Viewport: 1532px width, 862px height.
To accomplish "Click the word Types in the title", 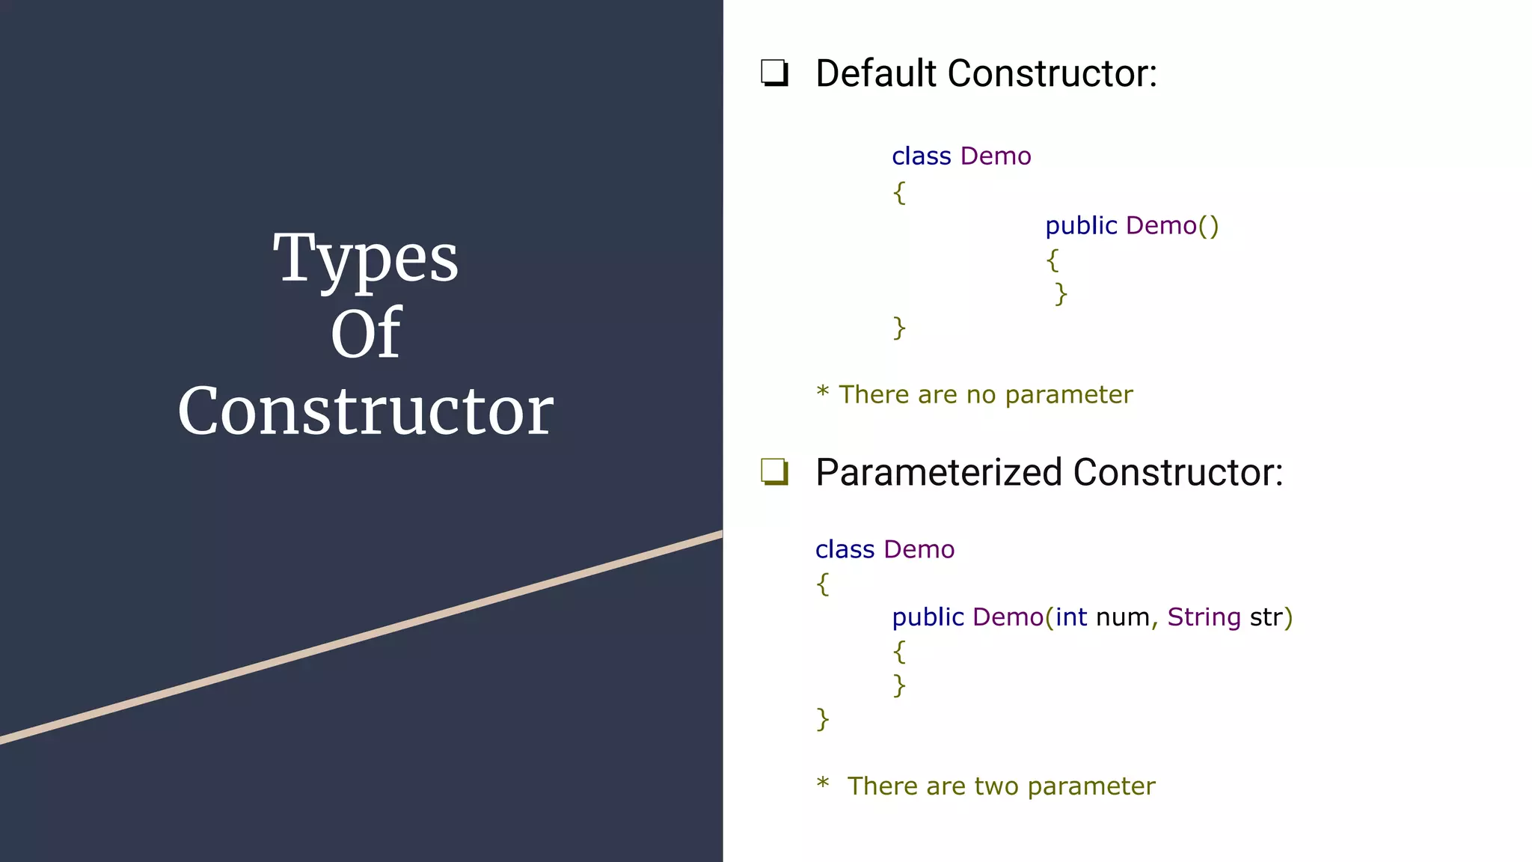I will [365, 259].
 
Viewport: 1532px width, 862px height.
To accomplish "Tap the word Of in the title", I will [366, 334].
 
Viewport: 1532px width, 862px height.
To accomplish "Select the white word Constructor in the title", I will [365, 411].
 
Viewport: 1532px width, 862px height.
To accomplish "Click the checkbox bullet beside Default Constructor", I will [774, 73].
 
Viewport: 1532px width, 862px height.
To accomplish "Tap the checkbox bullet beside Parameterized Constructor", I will [774, 472].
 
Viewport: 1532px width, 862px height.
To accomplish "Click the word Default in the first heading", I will [876, 73].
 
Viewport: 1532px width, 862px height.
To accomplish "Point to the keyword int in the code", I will [1071, 617].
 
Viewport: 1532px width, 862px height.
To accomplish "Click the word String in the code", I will [1204, 617].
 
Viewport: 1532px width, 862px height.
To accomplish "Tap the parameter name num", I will [1122, 617].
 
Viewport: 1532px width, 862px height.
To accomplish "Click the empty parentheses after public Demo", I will [1209, 225].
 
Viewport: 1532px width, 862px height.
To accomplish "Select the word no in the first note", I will [981, 394].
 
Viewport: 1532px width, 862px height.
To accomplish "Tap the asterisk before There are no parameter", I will [823, 391].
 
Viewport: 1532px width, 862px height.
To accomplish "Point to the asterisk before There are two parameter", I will [823, 783].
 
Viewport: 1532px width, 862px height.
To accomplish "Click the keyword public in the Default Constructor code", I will [1081, 225].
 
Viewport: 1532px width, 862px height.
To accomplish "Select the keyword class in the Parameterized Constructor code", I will [845, 549].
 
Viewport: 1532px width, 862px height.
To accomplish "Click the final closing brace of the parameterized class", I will [823, 719].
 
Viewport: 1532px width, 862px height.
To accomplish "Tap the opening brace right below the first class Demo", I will [899, 192].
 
